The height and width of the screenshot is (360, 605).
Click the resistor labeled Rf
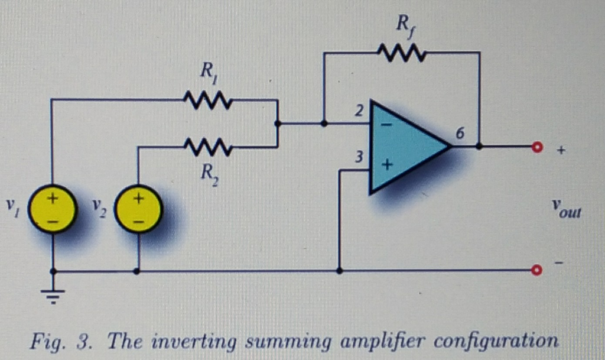click(402, 53)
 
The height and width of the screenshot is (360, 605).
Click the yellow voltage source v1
click(53, 209)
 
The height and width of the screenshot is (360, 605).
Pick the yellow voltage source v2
click(138, 210)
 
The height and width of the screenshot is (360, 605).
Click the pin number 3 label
click(359, 158)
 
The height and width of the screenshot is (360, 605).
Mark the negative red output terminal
click(536, 271)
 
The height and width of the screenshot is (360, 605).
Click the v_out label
click(566, 207)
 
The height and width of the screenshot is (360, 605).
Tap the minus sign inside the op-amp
click(386, 125)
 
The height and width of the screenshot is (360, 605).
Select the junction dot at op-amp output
click(479, 147)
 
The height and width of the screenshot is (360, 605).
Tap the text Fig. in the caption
click(45, 342)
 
